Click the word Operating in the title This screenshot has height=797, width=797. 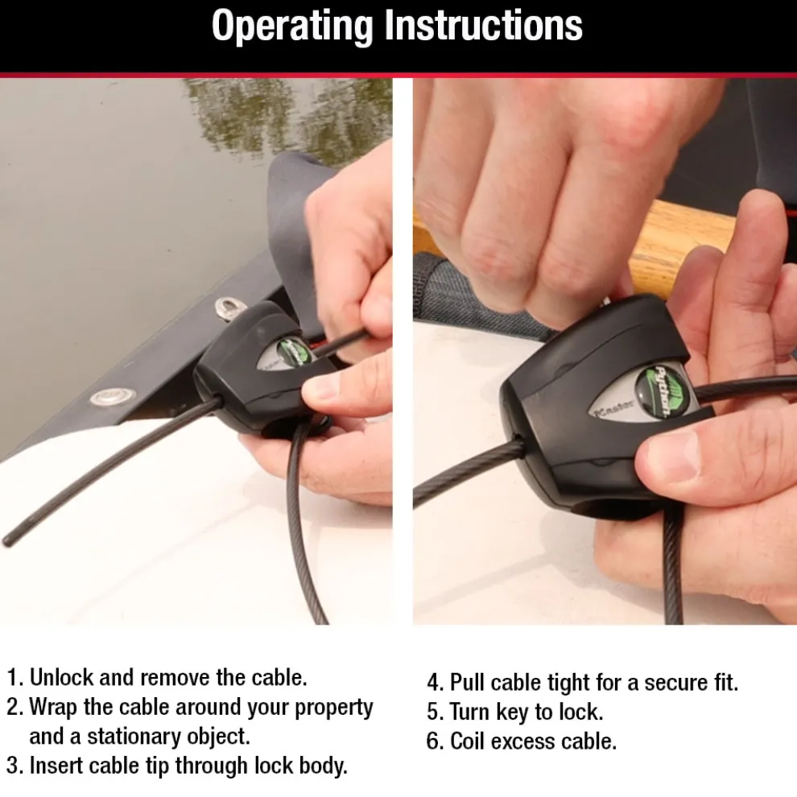click(x=293, y=26)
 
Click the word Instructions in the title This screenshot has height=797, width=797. click(x=483, y=26)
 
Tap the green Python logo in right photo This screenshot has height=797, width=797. click(x=658, y=392)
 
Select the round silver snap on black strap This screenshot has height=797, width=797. click(x=112, y=396)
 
